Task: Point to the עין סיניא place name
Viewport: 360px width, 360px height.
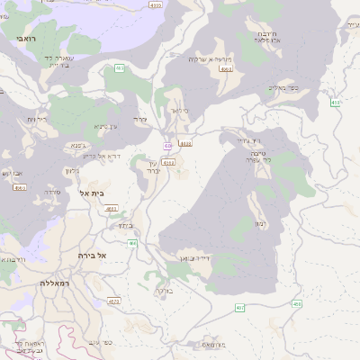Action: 106,127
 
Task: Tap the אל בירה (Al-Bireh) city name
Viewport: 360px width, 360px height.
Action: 93,256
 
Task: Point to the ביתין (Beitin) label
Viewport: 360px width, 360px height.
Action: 126,225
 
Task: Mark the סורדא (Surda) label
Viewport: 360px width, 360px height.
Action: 52,192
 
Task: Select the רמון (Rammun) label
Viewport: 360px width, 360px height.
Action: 260,221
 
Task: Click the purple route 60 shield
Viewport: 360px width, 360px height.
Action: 168,145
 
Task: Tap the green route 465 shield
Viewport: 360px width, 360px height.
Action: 120,68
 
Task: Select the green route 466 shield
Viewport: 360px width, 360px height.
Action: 132,243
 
